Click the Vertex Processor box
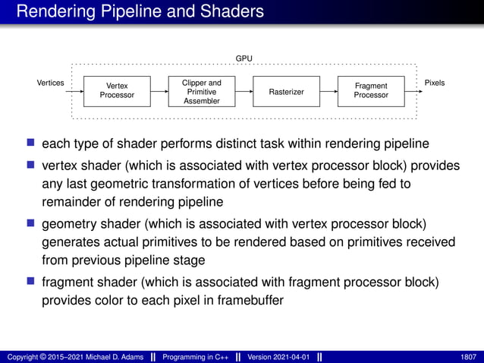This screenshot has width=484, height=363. click(x=117, y=90)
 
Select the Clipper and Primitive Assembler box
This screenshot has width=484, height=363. click(x=202, y=90)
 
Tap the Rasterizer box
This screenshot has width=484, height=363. click(x=286, y=91)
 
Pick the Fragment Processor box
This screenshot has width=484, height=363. click(x=371, y=90)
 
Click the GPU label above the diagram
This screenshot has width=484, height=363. click(x=244, y=58)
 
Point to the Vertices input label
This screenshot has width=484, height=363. click(x=50, y=82)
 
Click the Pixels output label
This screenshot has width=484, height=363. click(x=435, y=82)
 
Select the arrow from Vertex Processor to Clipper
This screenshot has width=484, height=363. click(x=159, y=91)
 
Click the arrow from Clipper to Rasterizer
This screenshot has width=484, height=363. click(x=244, y=91)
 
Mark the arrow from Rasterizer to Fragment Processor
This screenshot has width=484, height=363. click(x=328, y=91)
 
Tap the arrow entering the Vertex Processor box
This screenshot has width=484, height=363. click(x=74, y=91)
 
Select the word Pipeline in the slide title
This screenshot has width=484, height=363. click(x=123, y=11)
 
